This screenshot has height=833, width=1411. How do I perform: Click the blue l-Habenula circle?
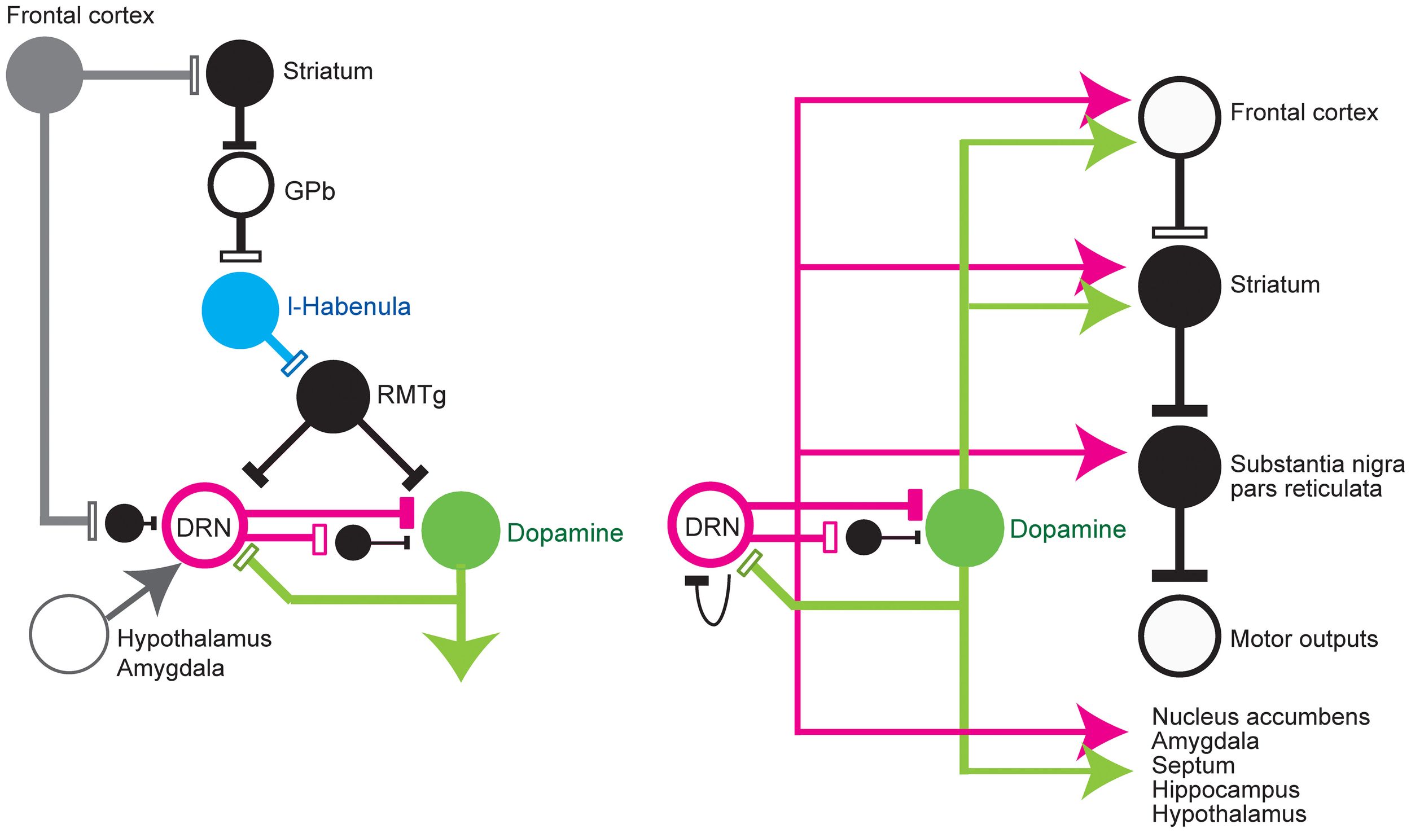point(240,310)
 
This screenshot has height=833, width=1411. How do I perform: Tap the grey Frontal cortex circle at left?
point(45,75)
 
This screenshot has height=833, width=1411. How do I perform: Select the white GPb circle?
point(241,185)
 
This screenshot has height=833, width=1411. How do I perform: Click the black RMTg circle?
point(333,396)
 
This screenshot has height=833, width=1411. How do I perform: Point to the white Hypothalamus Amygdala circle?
point(69,634)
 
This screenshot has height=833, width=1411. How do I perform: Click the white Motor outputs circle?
point(1179,636)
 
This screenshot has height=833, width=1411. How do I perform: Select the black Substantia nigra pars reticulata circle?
point(1179,467)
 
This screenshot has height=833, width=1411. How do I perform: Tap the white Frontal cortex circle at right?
point(1179,117)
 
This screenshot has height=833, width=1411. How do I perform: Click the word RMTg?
point(411,396)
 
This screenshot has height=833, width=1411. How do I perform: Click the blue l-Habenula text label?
point(349,306)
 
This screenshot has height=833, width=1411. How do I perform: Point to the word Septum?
point(1193,765)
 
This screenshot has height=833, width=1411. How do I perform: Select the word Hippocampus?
point(1225,790)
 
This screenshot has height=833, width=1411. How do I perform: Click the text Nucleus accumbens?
point(1260,717)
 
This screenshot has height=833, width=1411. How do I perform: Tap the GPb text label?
point(309,191)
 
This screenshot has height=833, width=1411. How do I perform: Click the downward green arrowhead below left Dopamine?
point(461,655)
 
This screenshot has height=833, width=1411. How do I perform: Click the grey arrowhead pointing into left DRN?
point(155,587)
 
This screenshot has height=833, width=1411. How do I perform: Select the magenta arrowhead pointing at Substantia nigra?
point(1098,452)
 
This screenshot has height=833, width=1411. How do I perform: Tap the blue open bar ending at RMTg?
point(294,363)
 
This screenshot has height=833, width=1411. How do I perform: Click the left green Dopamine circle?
point(461,531)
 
